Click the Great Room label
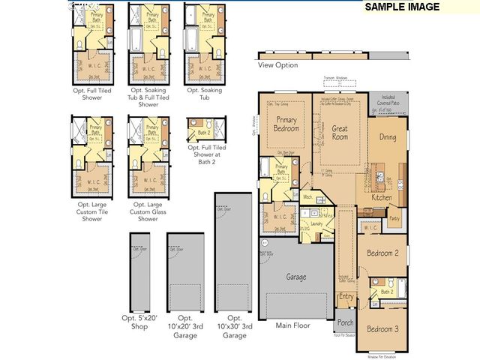[x=340, y=133]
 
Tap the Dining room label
[x=387, y=137]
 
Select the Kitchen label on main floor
[x=382, y=197]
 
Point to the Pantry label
[x=394, y=219]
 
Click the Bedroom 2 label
[x=382, y=253]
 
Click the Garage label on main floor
[x=296, y=277]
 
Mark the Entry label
[x=346, y=297]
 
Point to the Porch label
[x=345, y=324]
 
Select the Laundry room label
[x=316, y=223]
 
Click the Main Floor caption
[x=293, y=325]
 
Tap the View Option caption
[x=277, y=65]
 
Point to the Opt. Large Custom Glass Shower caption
[x=148, y=211]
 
